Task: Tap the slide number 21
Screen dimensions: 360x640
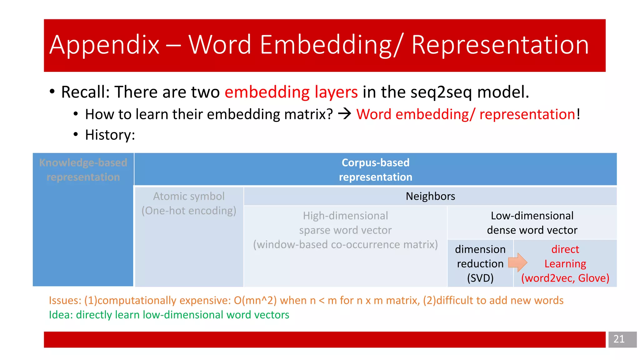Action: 619,339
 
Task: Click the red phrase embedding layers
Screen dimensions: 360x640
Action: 291,92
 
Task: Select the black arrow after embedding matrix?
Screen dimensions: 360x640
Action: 345,114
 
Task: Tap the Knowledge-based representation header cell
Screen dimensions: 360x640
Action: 83,170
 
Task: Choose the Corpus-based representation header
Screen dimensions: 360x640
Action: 375,170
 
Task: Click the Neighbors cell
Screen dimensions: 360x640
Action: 430,196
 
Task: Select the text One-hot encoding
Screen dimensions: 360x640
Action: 189,211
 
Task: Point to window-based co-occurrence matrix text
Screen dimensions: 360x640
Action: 345,244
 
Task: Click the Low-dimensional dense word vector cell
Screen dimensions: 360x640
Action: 532,223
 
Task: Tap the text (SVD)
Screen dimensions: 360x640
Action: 480,278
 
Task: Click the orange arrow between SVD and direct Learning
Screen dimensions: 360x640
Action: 517,262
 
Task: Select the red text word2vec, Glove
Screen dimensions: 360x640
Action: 565,278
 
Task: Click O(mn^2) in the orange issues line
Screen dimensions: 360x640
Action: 255,300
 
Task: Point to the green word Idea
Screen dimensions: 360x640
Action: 60,315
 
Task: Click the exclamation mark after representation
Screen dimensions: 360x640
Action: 578,114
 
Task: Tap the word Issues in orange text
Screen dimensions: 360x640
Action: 65,300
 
